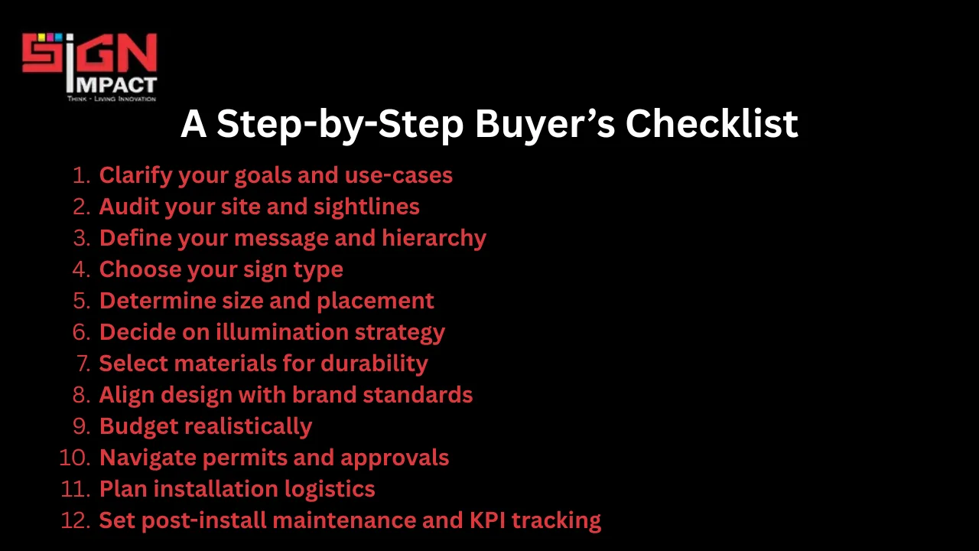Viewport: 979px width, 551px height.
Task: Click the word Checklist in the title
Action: (x=711, y=124)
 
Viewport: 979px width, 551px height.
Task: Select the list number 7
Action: (x=83, y=364)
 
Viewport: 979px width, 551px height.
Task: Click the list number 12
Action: (x=75, y=520)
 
